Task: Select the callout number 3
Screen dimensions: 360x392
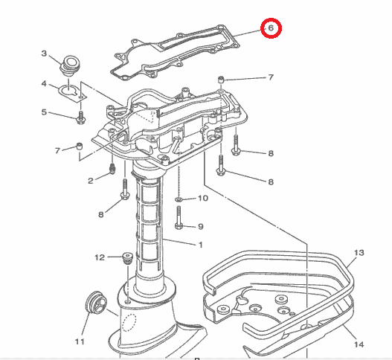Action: click(44, 54)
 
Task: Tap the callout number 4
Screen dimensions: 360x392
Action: click(44, 83)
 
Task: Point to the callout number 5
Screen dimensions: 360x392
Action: click(44, 112)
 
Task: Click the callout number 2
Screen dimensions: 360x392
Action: click(91, 181)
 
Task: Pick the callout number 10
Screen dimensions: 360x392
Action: click(204, 199)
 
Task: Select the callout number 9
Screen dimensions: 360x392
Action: click(200, 226)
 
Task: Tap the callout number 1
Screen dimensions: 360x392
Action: click(199, 245)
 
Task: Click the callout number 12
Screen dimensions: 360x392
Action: click(99, 258)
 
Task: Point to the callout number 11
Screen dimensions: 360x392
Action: click(80, 342)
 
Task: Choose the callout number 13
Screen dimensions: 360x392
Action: click(359, 254)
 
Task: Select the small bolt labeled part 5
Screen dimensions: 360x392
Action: click(80, 117)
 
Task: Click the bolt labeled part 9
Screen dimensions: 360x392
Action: click(178, 222)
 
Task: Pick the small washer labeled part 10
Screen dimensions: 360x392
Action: click(179, 200)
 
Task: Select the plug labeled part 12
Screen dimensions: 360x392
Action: click(126, 260)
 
